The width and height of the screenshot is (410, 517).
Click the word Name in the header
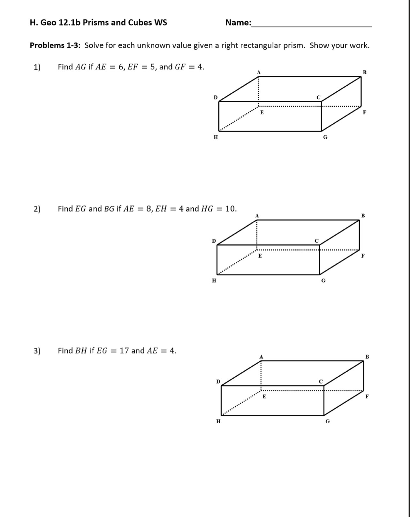pyautogui.click(x=237, y=23)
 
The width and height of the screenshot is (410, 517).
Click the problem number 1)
pyautogui.click(x=37, y=67)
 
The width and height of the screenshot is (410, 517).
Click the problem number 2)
pyautogui.click(x=37, y=209)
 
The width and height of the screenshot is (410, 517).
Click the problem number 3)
pyautogui.click(x=37, y=351)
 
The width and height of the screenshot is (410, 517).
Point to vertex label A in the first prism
pyautogui.click(x=259, y=73)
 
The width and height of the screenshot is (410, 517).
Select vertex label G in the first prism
pyautogui.click(x=325, y=137)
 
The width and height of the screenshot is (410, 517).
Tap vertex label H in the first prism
pyautogui.click(x=216, y=137)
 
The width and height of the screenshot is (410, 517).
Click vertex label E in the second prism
pyautogui.click(x=260, y=256)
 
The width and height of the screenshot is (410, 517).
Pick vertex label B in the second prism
pyautogui.click(x=363, y=216)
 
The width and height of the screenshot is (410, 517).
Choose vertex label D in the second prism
pyautogui.click(x=214, y=241)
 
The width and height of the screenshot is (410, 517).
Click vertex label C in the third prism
pyautogui.click(x=321, y=382)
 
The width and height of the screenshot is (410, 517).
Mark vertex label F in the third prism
pyautogui.click(x=367, y=397)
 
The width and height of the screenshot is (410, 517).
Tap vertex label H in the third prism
pyautogui.click(x=218, y=421)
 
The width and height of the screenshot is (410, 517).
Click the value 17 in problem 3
pyautogui.click(x=124, y=351)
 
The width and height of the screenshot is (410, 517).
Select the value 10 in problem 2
pyautogui.click(x=230, y=209)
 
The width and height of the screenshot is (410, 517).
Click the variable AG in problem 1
pyautogui.click(x=80, y=67)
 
